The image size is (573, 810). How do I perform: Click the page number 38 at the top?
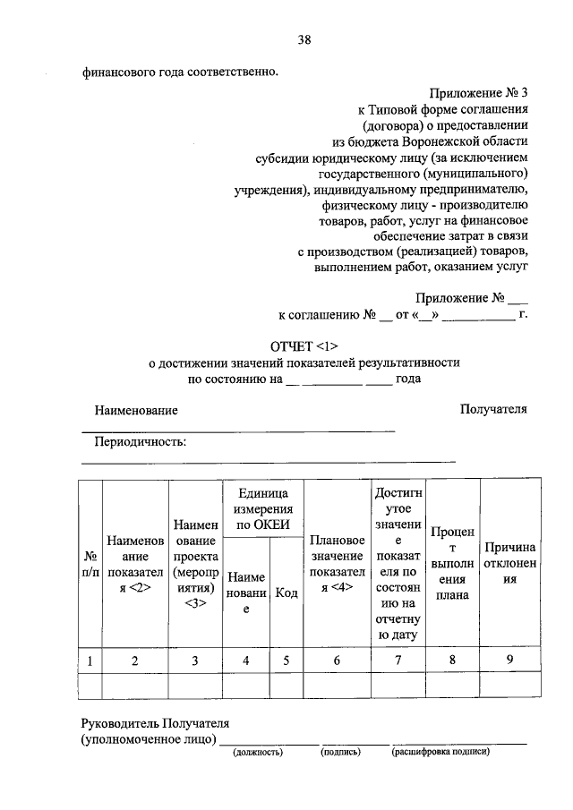tap(304, 40)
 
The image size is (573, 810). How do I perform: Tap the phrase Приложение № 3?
tap(478, 92)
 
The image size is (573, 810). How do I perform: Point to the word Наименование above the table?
tap(136, 410)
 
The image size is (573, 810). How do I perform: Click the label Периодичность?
tap(141, 441)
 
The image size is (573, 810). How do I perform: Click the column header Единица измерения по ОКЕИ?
tap(263, 508)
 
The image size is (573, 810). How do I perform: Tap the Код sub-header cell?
tap(286, 592)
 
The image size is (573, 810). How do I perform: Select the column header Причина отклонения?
tap(509, 563)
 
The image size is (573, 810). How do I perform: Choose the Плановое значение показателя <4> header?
tap(337, 563)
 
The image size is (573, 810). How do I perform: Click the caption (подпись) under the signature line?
tap(340, 753)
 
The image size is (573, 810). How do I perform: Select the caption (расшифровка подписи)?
tap(440, 753)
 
